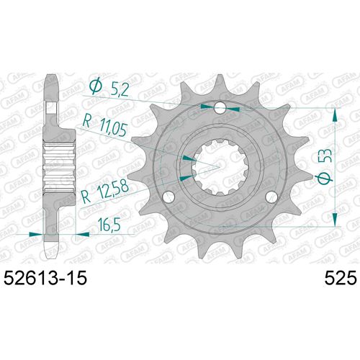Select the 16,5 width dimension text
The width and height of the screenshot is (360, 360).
(x=109, y=225)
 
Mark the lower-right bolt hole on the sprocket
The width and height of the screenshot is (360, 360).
(x=271, y=196)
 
